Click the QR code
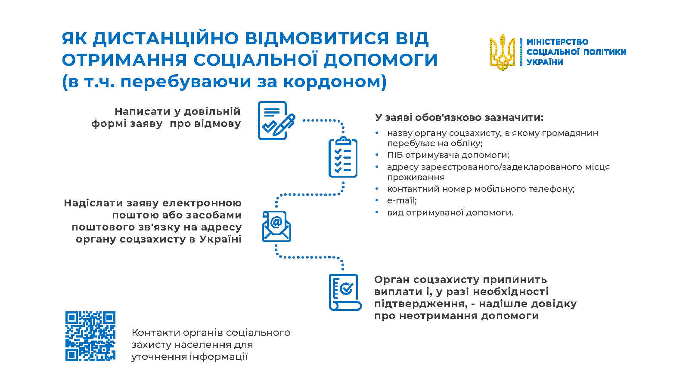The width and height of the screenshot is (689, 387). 90,336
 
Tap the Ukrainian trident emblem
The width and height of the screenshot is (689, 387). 502,52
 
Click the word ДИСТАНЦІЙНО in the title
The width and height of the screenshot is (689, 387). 165,39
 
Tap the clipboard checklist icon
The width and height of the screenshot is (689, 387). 343,157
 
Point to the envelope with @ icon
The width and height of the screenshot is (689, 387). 276,226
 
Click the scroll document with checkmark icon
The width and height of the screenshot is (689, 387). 345,292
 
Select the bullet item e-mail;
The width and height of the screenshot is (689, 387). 402,200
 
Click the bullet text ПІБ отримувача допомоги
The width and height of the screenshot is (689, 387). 448,155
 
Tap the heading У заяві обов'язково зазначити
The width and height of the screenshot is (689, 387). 459,118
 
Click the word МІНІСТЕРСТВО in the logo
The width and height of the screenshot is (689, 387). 557,42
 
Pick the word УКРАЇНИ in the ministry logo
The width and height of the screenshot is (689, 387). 544,62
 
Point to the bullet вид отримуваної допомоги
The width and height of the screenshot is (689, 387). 450,212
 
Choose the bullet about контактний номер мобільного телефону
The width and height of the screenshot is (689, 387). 481,189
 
